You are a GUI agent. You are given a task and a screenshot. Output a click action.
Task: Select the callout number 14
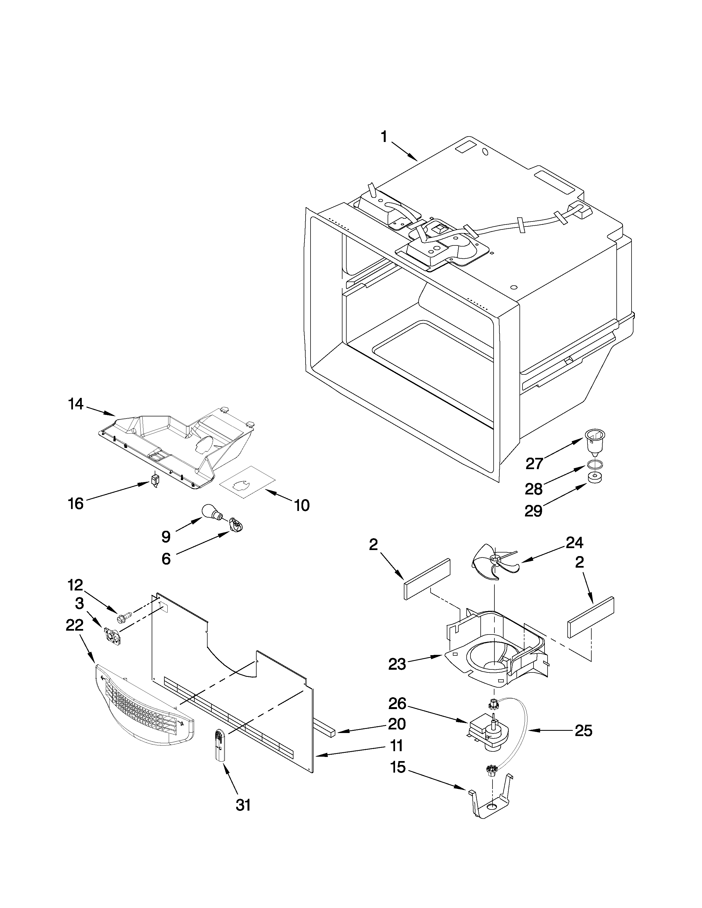click(76, 404)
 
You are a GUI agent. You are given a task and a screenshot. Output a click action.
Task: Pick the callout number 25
click(583, 731)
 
